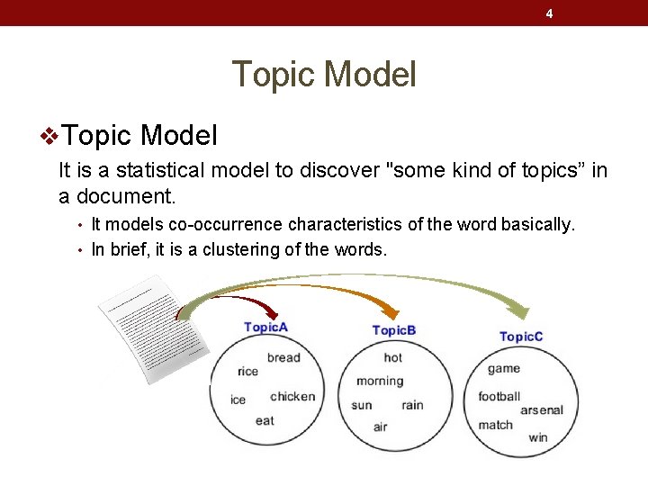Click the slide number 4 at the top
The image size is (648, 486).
(549, 13)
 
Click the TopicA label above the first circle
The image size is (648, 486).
(265, 328)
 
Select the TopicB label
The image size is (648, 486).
(394, 330)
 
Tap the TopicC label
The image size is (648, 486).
(521, 337)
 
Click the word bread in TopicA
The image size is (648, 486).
(283, 357)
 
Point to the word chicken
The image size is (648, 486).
(292, 396)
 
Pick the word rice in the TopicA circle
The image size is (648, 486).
(247, 371)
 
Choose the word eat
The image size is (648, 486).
(265, 420)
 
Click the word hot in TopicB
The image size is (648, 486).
(393, 357)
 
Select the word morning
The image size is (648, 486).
(380, 381)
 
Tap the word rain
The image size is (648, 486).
(412, 405)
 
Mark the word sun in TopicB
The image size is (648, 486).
(362, 405)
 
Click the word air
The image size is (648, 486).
(380, 427)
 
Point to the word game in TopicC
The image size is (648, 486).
(504, 368)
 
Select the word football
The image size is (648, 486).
(499, 396)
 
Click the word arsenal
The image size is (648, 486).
(542, 410)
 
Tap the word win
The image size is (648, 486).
(538, 438)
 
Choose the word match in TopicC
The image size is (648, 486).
(495, 425)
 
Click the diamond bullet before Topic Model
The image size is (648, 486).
(50, 137)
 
